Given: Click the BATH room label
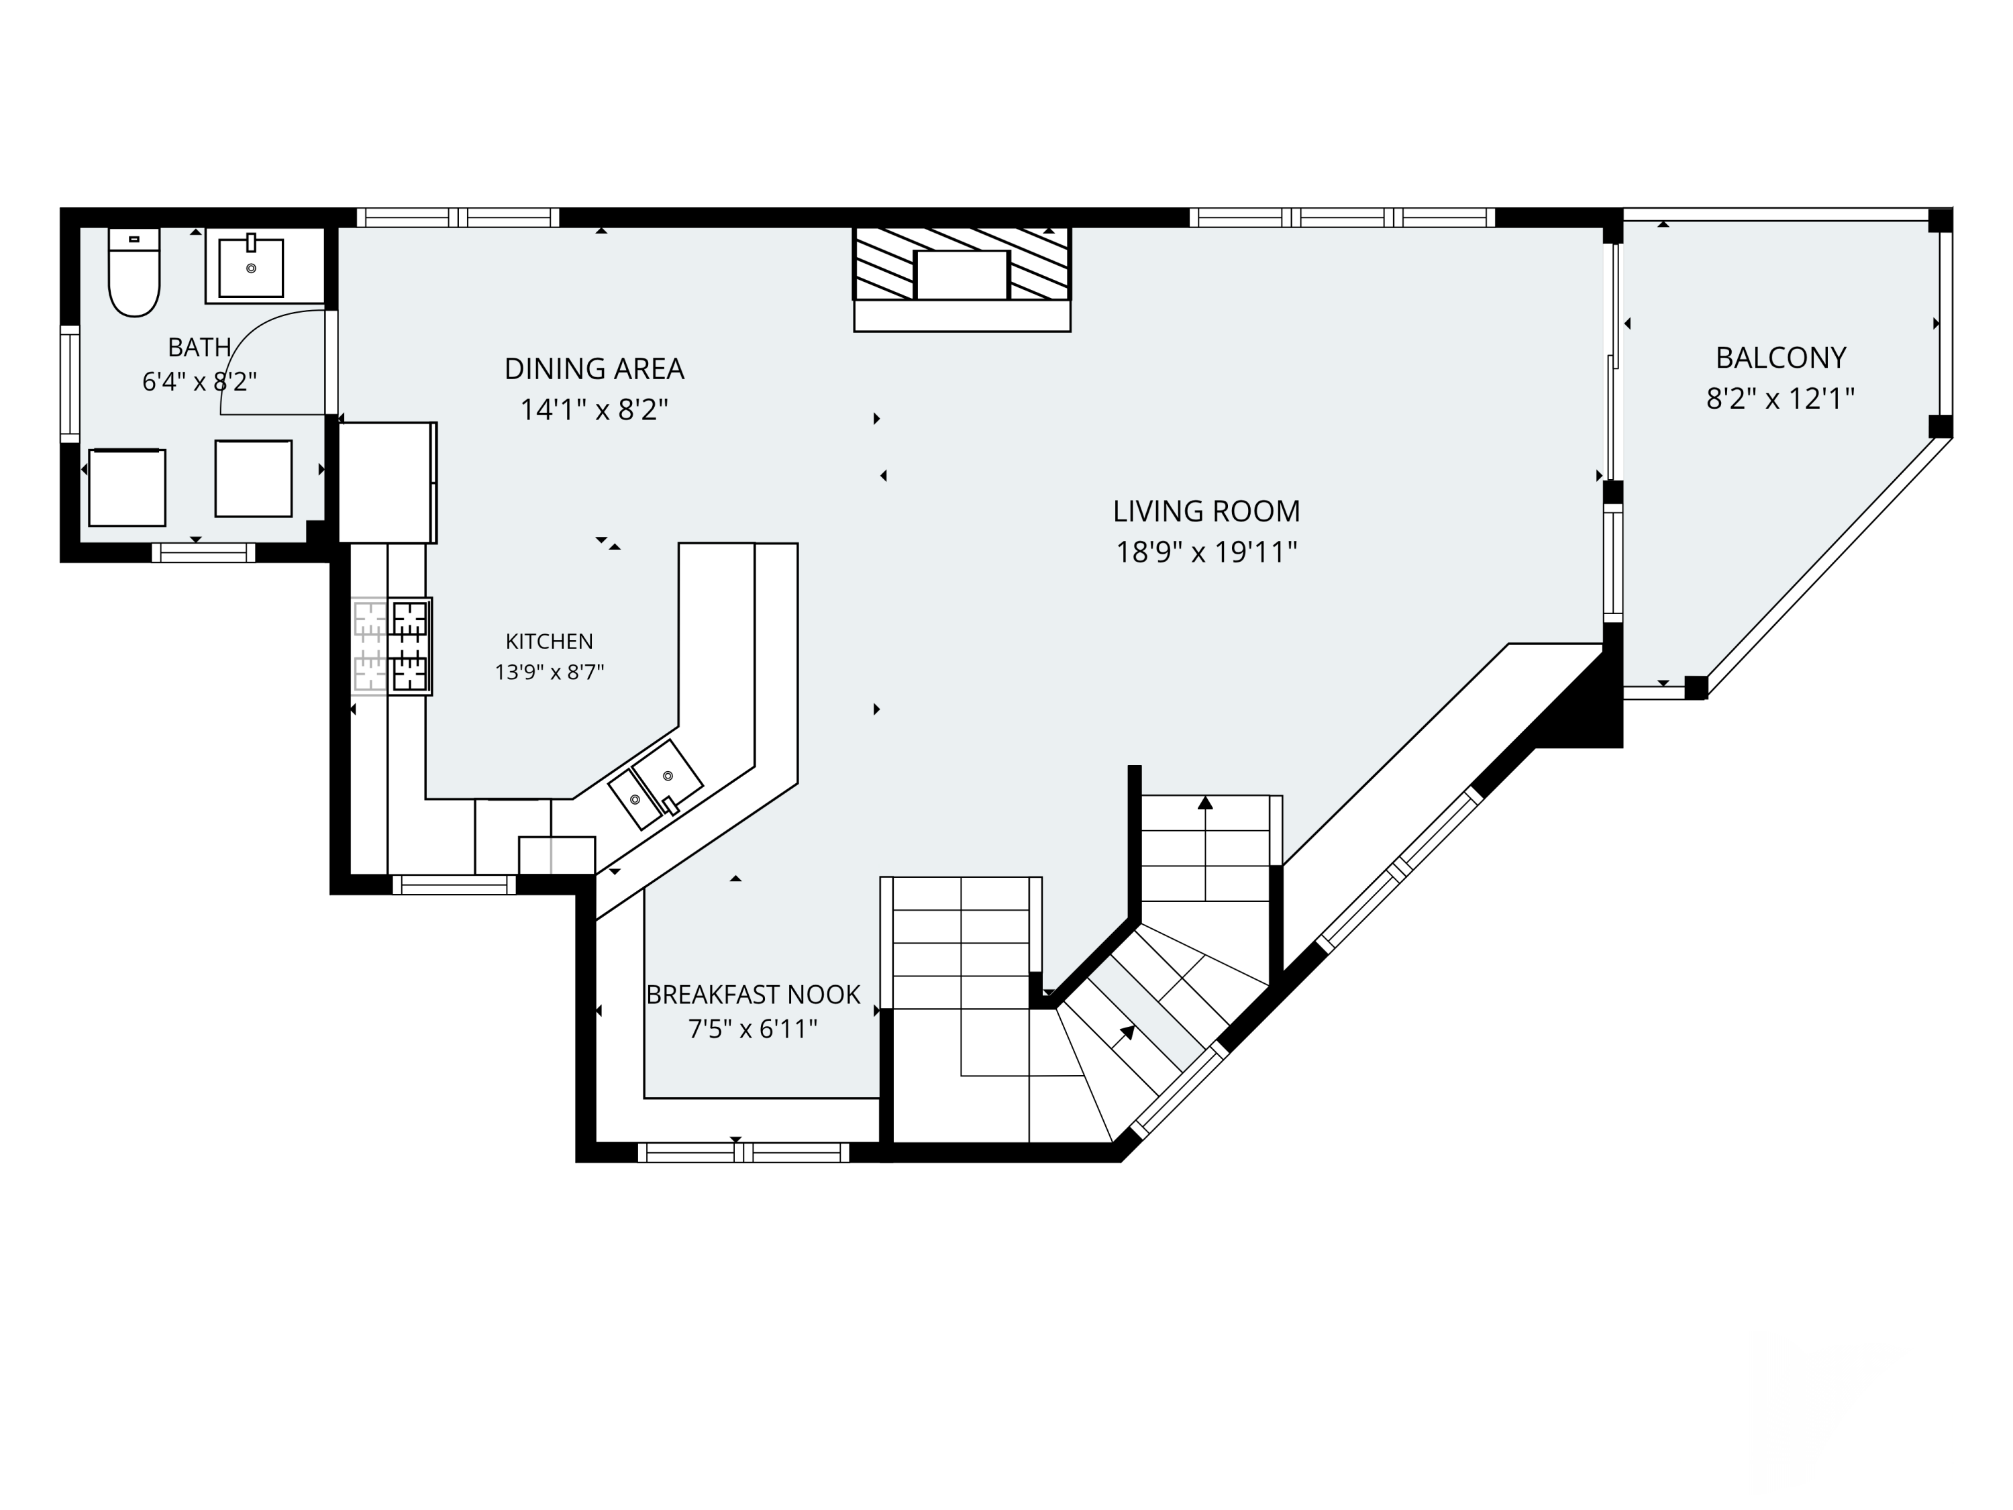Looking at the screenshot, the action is [199, 347].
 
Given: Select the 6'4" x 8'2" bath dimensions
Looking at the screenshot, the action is [199, 381].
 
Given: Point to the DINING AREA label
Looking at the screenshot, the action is [595, 368].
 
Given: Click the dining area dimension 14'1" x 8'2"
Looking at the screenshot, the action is [595, 409].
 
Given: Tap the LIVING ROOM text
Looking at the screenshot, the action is [1206, 511].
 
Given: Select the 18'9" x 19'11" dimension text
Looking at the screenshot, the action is [1206, 552].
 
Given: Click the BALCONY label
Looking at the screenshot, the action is [1781, 358].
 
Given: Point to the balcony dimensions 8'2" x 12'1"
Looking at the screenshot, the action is [1781, 399].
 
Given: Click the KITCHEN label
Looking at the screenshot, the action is [550, 642].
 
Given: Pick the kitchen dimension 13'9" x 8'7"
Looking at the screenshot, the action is [550, 672].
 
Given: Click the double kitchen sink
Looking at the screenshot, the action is [655, 785].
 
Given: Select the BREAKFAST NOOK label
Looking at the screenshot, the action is [754, 995].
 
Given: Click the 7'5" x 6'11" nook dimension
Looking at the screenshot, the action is [754, 1029].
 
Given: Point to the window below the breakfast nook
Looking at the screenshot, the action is [743, 1152].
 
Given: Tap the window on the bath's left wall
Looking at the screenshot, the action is [70, 384].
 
